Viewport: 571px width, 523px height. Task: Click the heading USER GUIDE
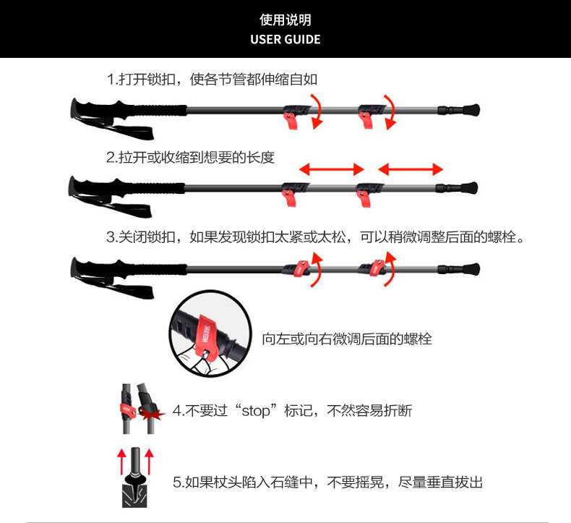[285, 39]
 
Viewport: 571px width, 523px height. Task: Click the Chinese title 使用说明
[285, 20]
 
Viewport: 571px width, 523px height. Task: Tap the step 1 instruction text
[212, 80]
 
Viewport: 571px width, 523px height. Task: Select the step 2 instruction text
[190, 157]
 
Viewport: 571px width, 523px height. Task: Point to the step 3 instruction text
[314, 237]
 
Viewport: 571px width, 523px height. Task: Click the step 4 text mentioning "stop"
[292, 411]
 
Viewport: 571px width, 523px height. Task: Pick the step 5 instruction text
[327, 482]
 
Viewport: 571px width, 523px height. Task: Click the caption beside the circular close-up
[347, 339]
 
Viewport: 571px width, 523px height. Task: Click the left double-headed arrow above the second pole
[332, 169]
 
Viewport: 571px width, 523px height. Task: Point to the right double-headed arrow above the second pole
[411, 169]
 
